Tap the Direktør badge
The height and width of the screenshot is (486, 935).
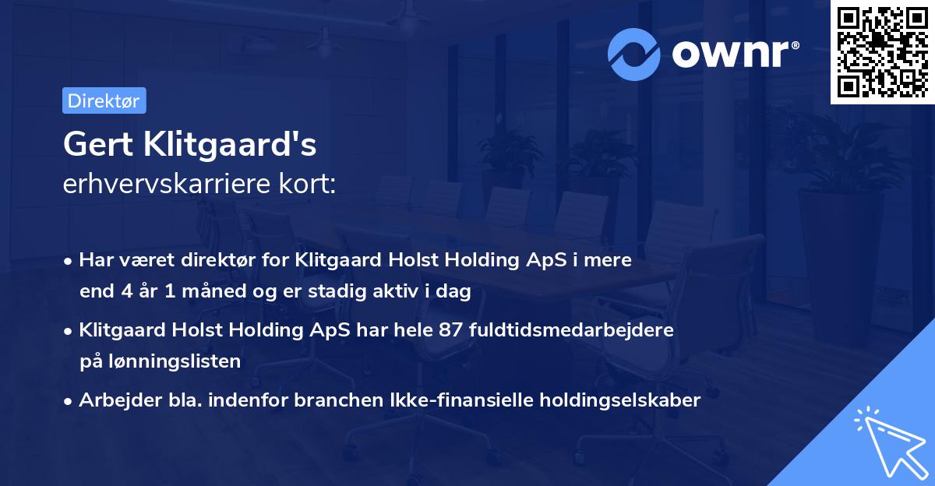click(104, 100)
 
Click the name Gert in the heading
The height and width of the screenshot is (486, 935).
click(93, 144)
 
